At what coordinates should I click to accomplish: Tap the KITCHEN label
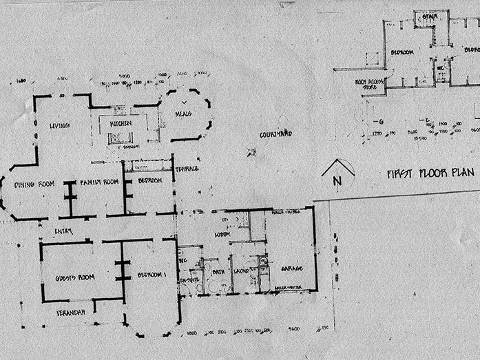click(120, 123)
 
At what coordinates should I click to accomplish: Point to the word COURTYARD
click(276, 134)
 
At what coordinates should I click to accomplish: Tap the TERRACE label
click(187, 169)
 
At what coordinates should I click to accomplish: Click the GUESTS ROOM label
click(75, 277)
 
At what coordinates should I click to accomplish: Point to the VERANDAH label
click(71, 313)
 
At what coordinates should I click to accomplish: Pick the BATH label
click(218, 271)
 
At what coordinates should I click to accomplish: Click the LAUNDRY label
click(242, 271)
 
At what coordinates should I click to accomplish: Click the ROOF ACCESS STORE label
click(369, 84)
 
